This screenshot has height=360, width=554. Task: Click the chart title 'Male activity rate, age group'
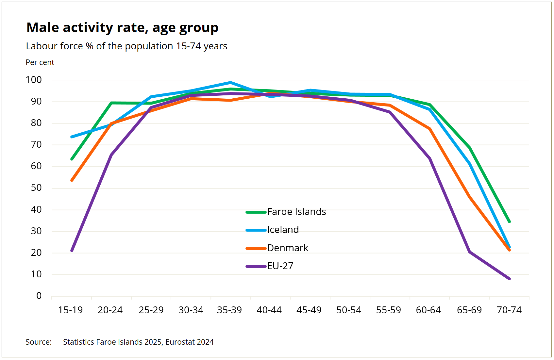pyautogui.click(x=122, y=28)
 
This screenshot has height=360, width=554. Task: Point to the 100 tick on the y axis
pyautogui.click(x=34, y=80)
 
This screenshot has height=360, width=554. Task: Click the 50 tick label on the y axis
pyautogui.click(x=36, y=188)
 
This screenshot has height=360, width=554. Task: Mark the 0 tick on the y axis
pyautogui.click(x=39, y=296)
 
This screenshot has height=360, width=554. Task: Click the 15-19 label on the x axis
pyautogui.click(x=70, y=310)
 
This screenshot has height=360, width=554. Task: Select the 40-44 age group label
pyautogui.click(x=269, y=310)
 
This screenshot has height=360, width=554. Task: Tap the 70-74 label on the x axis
pyautogui.click(x=509, y=310)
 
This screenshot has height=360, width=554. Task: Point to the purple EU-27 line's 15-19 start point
pyautogui.click(x=72, y=251)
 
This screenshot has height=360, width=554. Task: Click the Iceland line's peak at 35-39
pyautogui.click(x=230, y=83)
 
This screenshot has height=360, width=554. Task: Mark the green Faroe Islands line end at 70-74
pyautogui.click(x=509, y=221)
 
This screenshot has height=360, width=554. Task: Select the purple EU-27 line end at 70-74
pyautogui.click(x=509, y=279)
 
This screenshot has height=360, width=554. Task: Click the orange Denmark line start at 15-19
pyautogui.click(x=72, y=180)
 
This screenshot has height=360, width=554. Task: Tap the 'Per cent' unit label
pyautogui.click(x=40, y=62)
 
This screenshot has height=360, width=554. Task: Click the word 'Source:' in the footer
pyautogui.click(x=39, y=342)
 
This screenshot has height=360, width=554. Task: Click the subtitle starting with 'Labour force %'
pyautogui.click(x=126, y=46)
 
